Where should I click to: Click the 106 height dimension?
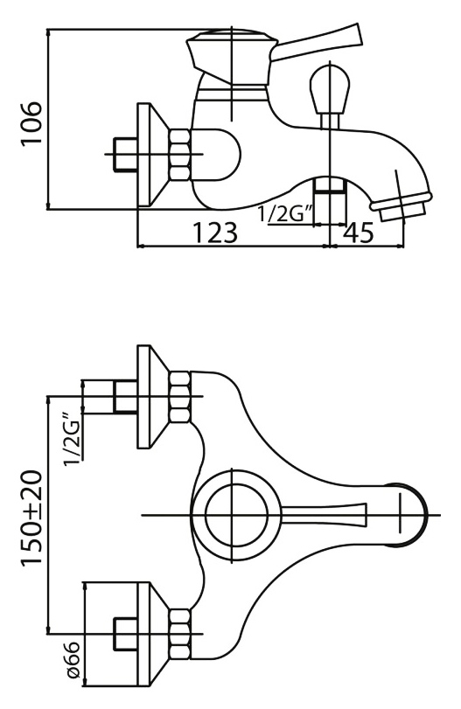tap(31, 123)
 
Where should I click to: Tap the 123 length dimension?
tap(215, 233)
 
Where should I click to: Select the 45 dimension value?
tap(359, 233)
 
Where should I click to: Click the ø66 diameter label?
tap(73, 659)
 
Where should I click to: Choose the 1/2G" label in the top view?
tap(73, 438)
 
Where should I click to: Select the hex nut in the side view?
tap(180, 155)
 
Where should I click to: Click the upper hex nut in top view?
tap(180, 397)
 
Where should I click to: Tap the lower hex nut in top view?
tap(180, 633)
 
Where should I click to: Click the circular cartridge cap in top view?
tap(236, 515)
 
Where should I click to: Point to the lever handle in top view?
tap(323, 515)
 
